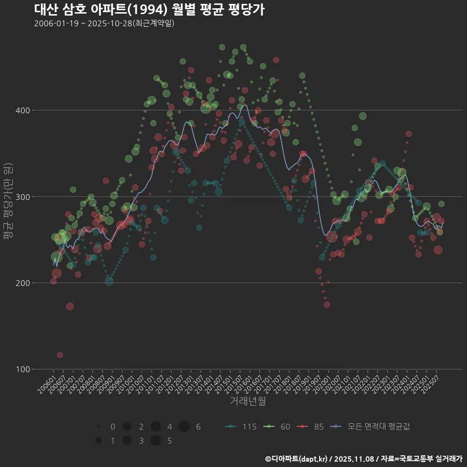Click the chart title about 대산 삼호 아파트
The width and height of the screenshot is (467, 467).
[x=149, y=10]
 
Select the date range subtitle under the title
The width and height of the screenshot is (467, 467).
[x=104, y=24]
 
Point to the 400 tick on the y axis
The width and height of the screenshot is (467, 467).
[x=23, y=110]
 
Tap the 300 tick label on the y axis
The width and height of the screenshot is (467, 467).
[x=23, y=197]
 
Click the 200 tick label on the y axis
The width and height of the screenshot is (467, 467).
[x=23, y=283]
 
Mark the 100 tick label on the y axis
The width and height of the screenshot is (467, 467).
[x=23, y=369]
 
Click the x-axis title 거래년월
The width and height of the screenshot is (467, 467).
[x=248, y=401]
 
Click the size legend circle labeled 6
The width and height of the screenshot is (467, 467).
[x=184, y=427]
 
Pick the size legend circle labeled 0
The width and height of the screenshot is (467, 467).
[x=99, y=427]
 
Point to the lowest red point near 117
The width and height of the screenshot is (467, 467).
[x=60, y=355]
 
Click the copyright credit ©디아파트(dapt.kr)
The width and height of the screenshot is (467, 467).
[x=296, y=459]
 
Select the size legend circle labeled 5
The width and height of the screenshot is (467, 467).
[x=156, y=441]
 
